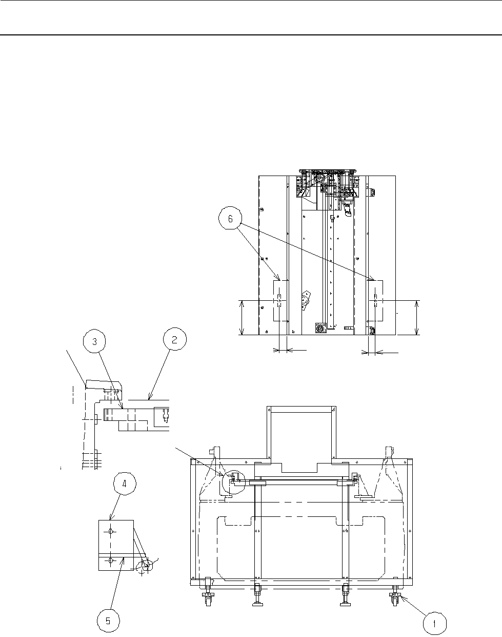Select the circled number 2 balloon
pos(174,339)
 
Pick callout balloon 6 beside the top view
pos(231,219)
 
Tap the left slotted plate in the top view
pos(280,300)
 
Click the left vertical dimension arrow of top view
pos(242,317)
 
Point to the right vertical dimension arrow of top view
pos(416,317)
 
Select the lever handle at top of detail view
pos(103,384)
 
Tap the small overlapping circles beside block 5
pos(145,566)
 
